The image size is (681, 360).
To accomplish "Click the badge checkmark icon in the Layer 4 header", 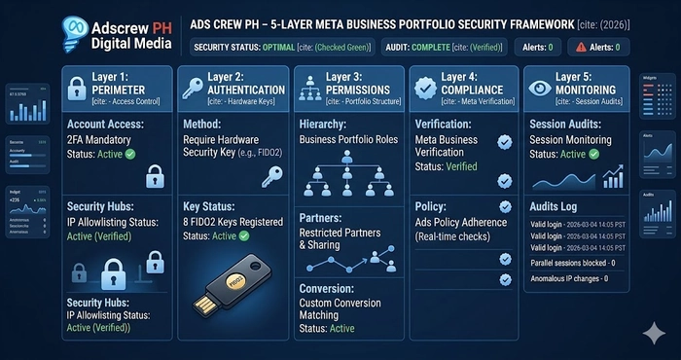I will [x=424, y=89].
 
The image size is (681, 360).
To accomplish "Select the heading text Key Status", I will [x=210, y=206].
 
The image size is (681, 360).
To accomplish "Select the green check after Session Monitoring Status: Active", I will [x=594, y=154].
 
